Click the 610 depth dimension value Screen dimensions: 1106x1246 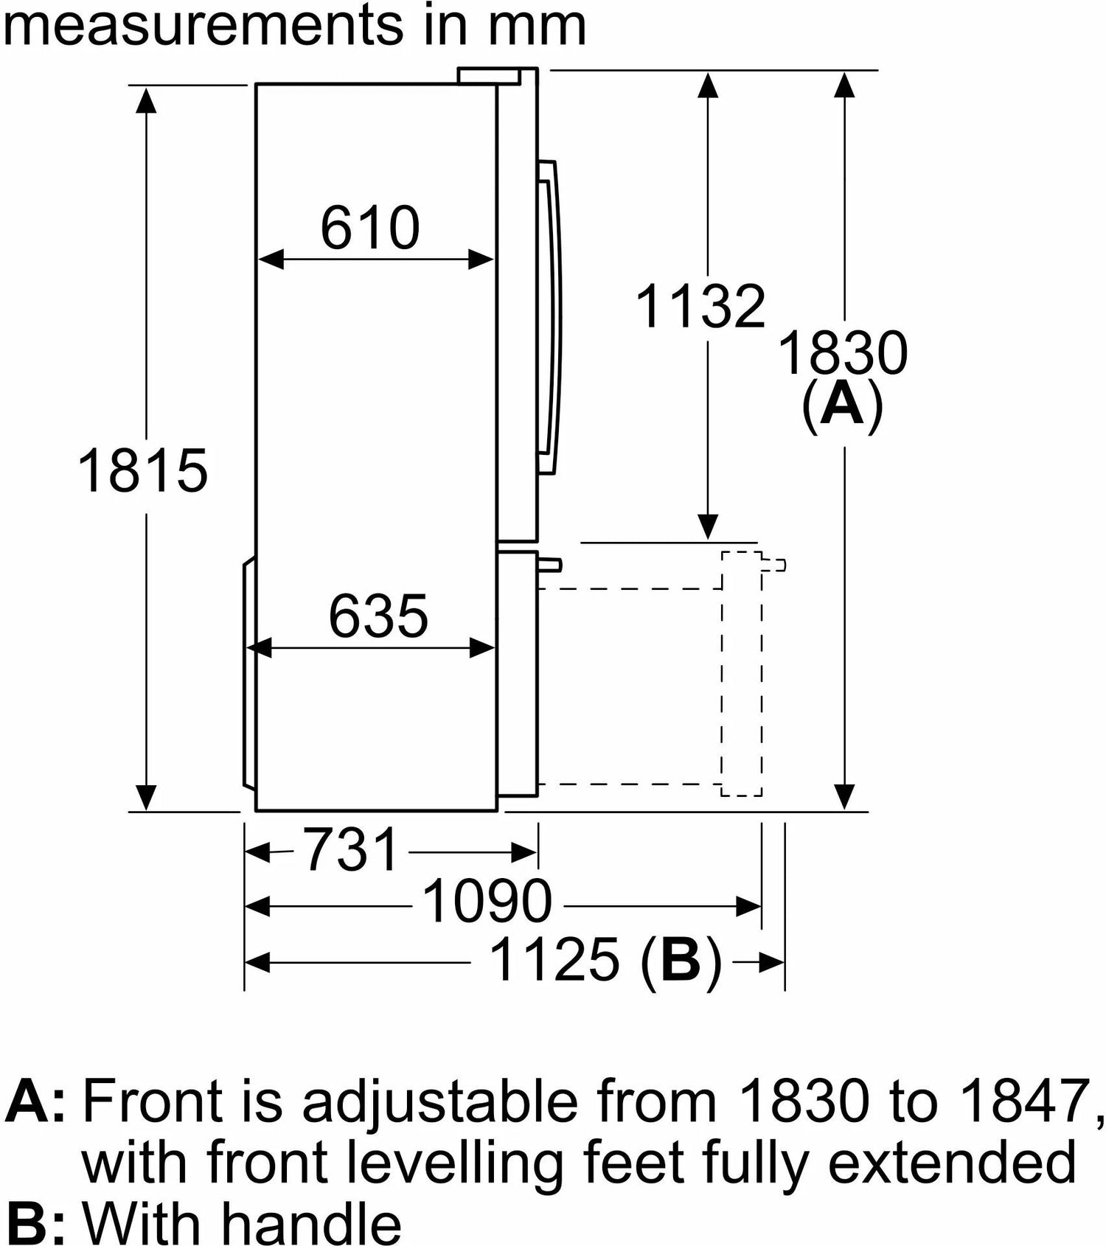pyautogui.click(x=370, y=229)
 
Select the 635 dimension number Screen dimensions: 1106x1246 pyautogui.click(x=378, y=616)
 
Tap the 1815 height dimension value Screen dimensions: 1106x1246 pyautogui.click(x=143, y=470)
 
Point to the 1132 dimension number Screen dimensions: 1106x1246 pyautogui.click(x=700, y=307)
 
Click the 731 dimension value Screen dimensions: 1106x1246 pyautogui.click(x=351, y=849)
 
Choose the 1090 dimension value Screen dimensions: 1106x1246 pyautogui.click(x=487, y=902)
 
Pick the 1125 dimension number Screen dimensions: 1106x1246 pyautogui.click(x=554, y=960)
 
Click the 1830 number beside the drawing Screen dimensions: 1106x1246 pyautogui.click(x=843, y=354)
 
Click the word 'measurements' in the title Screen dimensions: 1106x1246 pyautogui.click(x=201, y=27)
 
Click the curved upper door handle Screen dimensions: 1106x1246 pyautogui.click(x=550, y=317)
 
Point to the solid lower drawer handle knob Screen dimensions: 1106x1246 pyautogui.click(x=550, y=565)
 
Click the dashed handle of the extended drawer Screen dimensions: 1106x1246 pyautogui.click(x=773, y=565)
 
